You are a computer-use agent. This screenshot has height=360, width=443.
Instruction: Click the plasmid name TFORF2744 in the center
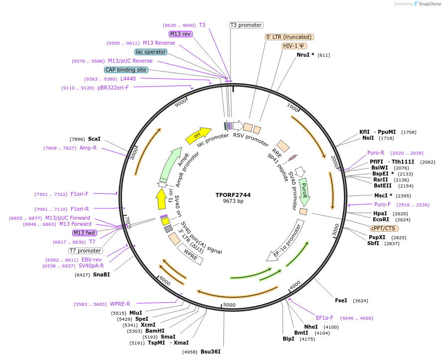pos(233,195)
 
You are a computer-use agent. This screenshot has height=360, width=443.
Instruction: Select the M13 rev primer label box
pos(180,34)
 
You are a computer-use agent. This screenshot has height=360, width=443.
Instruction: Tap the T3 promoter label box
pos(246,25)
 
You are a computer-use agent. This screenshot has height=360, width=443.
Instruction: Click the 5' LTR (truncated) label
pos(289,37)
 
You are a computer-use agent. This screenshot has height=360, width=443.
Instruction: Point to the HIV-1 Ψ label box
pos(294,46)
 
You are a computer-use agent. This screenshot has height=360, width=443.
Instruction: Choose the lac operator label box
pos(150,52)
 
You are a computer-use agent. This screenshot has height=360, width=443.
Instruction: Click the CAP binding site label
pos(126,70)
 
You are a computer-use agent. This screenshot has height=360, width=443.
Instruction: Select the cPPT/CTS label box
pos(383,228)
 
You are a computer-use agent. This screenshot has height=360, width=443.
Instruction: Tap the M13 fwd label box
pos(85,233)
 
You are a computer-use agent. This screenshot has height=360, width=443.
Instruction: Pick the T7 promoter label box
pos(86,251)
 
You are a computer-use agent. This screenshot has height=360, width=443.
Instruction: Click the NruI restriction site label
pos(305,55)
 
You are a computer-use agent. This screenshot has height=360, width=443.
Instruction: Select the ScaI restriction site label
pos(94,139)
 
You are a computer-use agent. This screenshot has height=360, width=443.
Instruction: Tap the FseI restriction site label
pos(341,300)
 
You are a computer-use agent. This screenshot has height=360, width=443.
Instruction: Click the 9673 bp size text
pos(233,201)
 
